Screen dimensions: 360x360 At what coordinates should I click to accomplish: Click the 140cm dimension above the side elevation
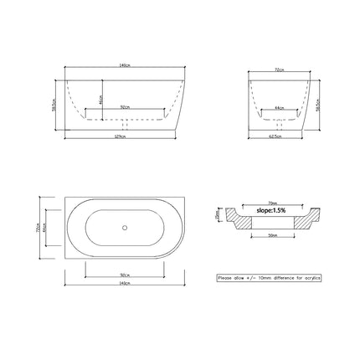pos(123,65)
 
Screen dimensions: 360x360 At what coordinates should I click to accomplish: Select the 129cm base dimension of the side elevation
pos(123,137)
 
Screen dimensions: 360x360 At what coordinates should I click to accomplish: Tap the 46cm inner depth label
pos(101,99)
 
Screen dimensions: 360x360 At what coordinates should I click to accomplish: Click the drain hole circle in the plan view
pos(124,227)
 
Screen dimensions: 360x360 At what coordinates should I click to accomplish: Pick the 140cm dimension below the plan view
pos(123,282)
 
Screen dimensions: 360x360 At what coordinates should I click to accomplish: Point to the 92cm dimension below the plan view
pos(124,274)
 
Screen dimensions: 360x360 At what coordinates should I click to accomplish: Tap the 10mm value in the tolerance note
pos(268,277)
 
